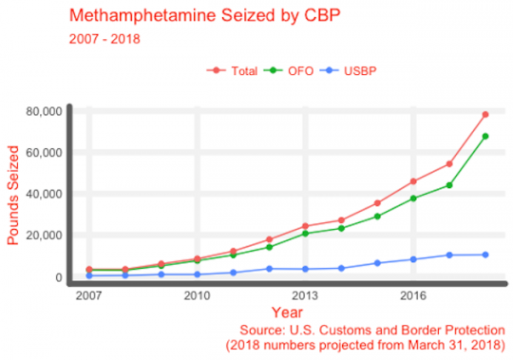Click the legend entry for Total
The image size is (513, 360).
[237, 71]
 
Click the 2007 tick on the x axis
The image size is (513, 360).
[88, 295]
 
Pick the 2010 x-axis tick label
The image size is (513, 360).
[197, 295]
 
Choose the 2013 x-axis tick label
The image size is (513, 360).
[305, 295]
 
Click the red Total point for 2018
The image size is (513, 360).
[484, 114]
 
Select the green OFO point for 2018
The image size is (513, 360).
[484, 136]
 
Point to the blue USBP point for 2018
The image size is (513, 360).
[484, 255]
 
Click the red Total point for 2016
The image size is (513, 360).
[413, 181]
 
